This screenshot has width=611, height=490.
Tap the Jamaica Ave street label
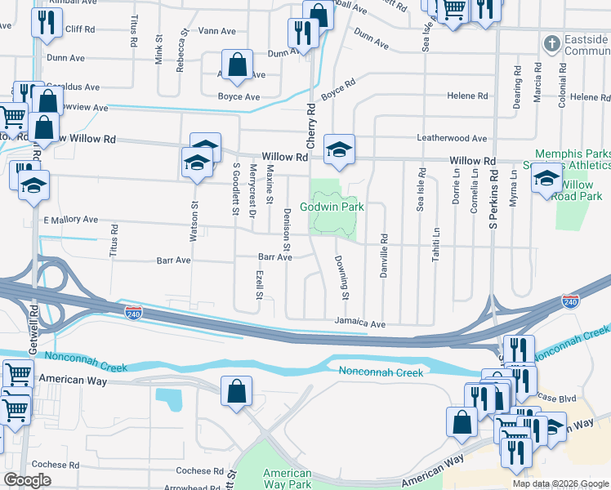click(359, 324)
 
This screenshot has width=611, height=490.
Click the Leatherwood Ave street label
click(452, 139)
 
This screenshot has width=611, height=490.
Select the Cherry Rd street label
click(311, 121)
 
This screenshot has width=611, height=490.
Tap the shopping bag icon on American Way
click(236, 391)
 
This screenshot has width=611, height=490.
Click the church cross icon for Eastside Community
click(552, 42)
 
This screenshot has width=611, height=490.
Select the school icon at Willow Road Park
click(546, 178)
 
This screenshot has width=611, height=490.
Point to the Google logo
click(27, 479)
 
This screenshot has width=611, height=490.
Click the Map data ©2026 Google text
click(560, 483)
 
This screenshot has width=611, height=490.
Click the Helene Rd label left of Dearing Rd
click(467, 96)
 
